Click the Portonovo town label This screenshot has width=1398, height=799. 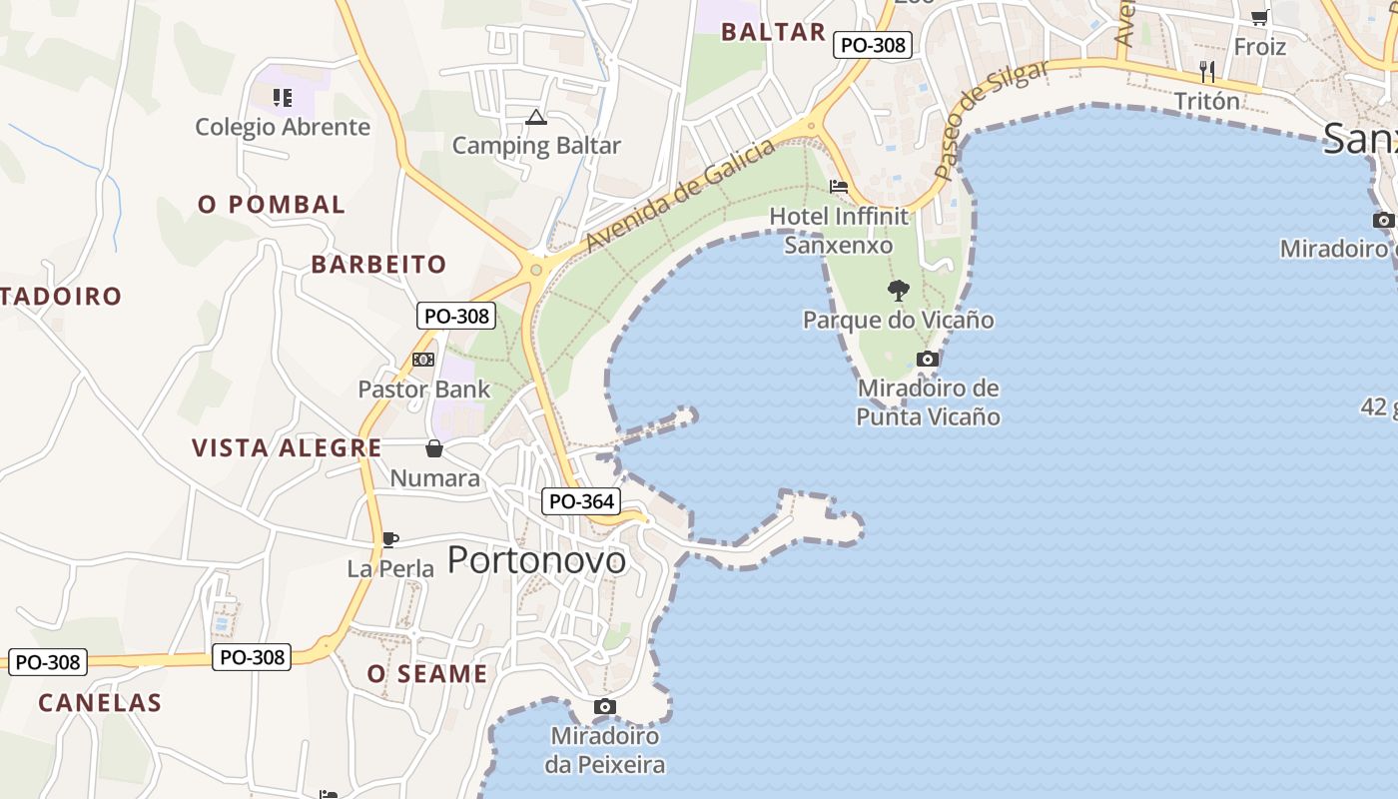(x=536, y=560)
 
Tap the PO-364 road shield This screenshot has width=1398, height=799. (x=580, y=501)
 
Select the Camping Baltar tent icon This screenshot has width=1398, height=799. (x=536, y=118)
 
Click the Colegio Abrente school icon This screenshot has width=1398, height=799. (x=283, y=98)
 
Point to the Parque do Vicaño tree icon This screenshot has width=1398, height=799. (x=899, y=291)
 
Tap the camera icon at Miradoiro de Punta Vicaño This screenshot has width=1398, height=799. (x=928, y=360)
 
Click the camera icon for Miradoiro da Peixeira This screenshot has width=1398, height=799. (x=604, y=707)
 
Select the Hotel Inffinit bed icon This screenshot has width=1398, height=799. (x=839, y=187)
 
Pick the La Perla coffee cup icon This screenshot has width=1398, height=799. (x=389, y=540)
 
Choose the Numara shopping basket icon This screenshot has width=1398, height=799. (x=434, y=448)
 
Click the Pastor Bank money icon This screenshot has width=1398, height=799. (x=423, y=360)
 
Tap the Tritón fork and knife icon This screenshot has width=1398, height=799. (x=1207, y=71)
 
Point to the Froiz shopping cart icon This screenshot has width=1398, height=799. (x=1259, y=17)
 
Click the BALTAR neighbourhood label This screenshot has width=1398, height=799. (x=774, y=32)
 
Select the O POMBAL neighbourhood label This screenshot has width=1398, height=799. (x=272, y=205)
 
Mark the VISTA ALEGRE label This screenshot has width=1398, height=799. (x=287, y=447)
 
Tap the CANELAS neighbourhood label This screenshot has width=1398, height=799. (x=100, y=702)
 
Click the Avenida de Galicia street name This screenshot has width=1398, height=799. (x=680, y=196)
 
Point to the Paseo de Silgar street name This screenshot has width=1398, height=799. (x=992, y=119)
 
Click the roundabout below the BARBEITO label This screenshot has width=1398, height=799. (x=536, y=270)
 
